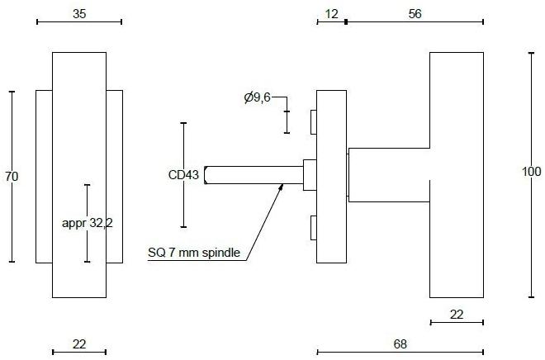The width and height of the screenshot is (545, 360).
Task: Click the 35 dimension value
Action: [79, 13]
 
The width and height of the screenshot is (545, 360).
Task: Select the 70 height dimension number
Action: [12, 177]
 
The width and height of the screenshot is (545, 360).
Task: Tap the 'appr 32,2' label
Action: [88, 223]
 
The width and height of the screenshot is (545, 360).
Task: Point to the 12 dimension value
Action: [332, 13]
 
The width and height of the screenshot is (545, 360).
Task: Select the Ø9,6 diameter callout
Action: [258, 98]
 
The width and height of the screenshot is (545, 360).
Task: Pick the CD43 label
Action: [183, 174]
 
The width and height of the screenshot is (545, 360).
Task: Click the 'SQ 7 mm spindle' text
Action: [194, 253]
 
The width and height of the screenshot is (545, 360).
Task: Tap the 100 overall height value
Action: [532, 172]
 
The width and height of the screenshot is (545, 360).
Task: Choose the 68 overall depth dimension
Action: [400, 343]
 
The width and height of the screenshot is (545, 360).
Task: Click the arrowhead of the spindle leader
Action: [282, 187]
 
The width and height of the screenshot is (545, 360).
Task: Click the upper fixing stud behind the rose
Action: [313, 122]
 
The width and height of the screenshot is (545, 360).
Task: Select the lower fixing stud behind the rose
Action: [313, 226]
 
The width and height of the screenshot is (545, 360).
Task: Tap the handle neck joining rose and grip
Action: [388, 174]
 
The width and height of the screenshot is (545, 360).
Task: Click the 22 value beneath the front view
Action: [79, 343]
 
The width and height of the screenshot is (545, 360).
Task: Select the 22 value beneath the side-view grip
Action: [457, 314]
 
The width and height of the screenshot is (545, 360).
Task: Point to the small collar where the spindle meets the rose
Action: [310, 174]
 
